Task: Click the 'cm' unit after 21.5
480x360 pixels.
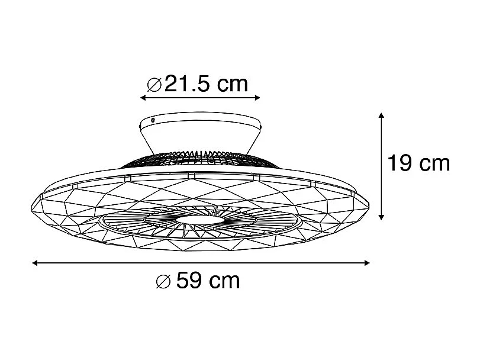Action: tap(231, 85)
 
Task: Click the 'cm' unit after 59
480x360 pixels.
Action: tap(225, 281)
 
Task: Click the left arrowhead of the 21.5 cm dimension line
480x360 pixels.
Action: tap(142, 98)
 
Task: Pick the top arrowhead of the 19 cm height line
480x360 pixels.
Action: tap(382, 115)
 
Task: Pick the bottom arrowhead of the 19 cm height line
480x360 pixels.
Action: tap(382, 216)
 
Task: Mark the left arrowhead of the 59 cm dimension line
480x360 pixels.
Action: tap(35, 262)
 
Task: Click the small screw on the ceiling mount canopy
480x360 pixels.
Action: tap(153, 120)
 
